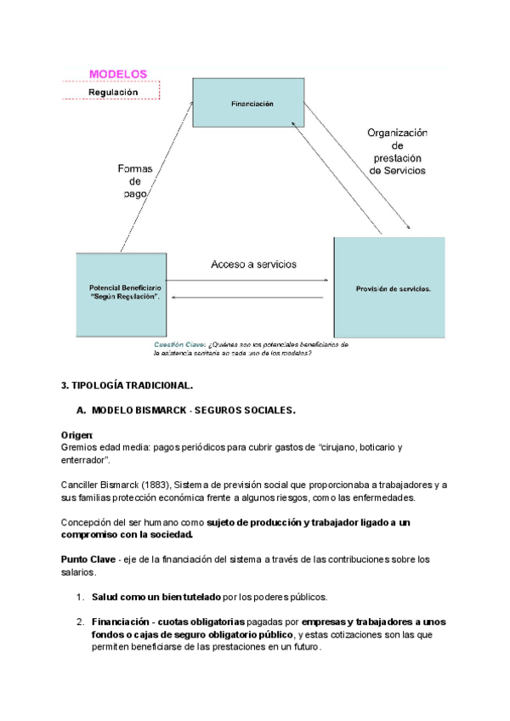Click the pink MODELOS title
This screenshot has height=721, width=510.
[118, 74]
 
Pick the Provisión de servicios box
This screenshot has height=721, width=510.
[389, 288]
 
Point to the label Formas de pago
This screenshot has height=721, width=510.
[135, 181]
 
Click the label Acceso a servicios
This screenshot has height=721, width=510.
[253, 264]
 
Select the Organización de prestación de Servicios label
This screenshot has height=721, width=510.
[397, 150]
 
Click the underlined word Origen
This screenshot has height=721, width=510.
[76, 434]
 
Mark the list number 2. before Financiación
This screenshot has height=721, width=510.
[80, 622]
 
